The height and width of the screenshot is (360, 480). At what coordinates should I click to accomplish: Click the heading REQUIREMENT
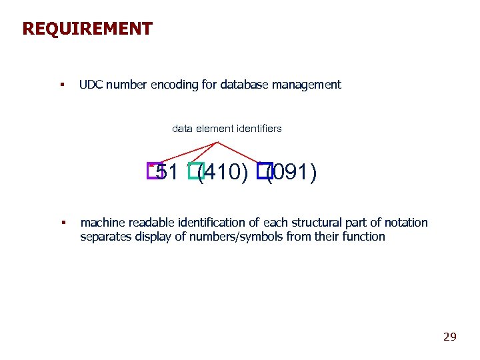pyautogui.click(x=87, y=29)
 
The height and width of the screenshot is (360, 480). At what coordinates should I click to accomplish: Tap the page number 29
pyautogui.click(x=450, y=337)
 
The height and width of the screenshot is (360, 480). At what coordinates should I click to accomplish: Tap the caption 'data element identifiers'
pyautogui.click(x=227, y=128)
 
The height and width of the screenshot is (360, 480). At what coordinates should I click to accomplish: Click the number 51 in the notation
pyautogui.click(x=168, y=173)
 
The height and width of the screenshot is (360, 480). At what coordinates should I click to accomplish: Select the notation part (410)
pyautogui.click(x=224, y=173)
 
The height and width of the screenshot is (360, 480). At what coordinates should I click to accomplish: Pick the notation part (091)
pyautogui.click(x=292, y=173)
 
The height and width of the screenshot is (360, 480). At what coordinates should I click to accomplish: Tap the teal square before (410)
pyautogui.click(x=195, y=171)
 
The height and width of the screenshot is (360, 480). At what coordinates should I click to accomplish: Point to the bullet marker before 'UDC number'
pyautogui.click(x=61, y=85)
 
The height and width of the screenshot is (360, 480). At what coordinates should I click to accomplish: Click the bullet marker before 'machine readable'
pyautogui.click(x=61, y=223)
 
